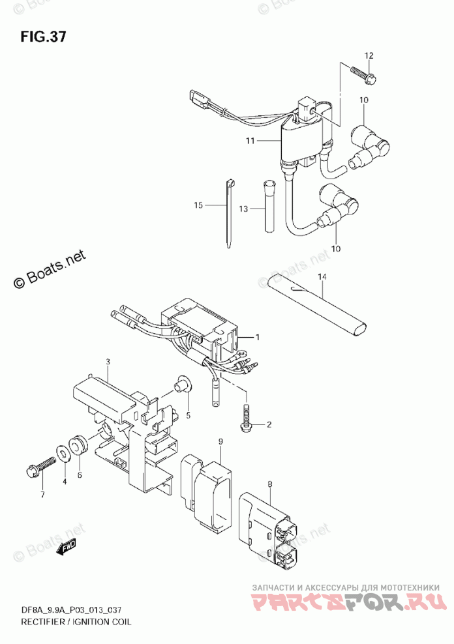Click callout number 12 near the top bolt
click(x=369, y=56)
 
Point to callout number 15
click(x=199, y=206)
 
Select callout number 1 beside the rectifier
click(x=258, y=337)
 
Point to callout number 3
click(x=109, y=361)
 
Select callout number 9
click(x=220, y=443)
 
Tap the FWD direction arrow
click(x=66, y=549)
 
